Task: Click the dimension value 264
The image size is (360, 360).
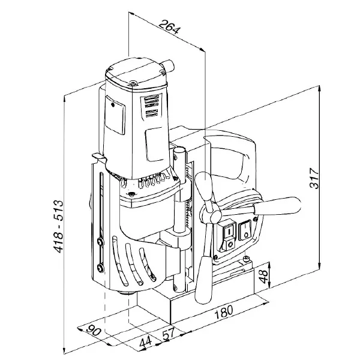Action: (169, 27)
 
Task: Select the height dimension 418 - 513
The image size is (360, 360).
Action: (58, 227)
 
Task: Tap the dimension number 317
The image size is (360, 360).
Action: (314, 178)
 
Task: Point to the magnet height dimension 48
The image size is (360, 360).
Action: (263, 277)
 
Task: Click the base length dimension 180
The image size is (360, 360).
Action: (224, 312)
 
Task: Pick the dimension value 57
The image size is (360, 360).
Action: (169, 334)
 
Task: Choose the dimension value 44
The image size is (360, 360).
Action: (146, 341)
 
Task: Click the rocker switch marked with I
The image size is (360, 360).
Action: (229, 230)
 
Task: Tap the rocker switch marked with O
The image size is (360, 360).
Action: (245, 230)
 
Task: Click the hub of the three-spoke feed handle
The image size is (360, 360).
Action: (216, 215)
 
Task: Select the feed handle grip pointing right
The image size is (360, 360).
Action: (277, 205)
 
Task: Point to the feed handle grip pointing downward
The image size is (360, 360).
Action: (204, 280)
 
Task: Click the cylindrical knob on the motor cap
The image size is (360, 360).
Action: (168, 65)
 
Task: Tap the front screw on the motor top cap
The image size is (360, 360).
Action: (133, 84)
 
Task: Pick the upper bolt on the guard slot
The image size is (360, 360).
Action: (100, 242)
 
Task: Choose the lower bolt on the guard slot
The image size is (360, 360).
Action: (100, 268)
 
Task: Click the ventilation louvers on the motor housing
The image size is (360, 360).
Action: (149, 106)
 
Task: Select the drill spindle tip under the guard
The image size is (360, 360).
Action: (125, 293)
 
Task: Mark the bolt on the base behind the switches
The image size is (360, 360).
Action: (247, 259)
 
